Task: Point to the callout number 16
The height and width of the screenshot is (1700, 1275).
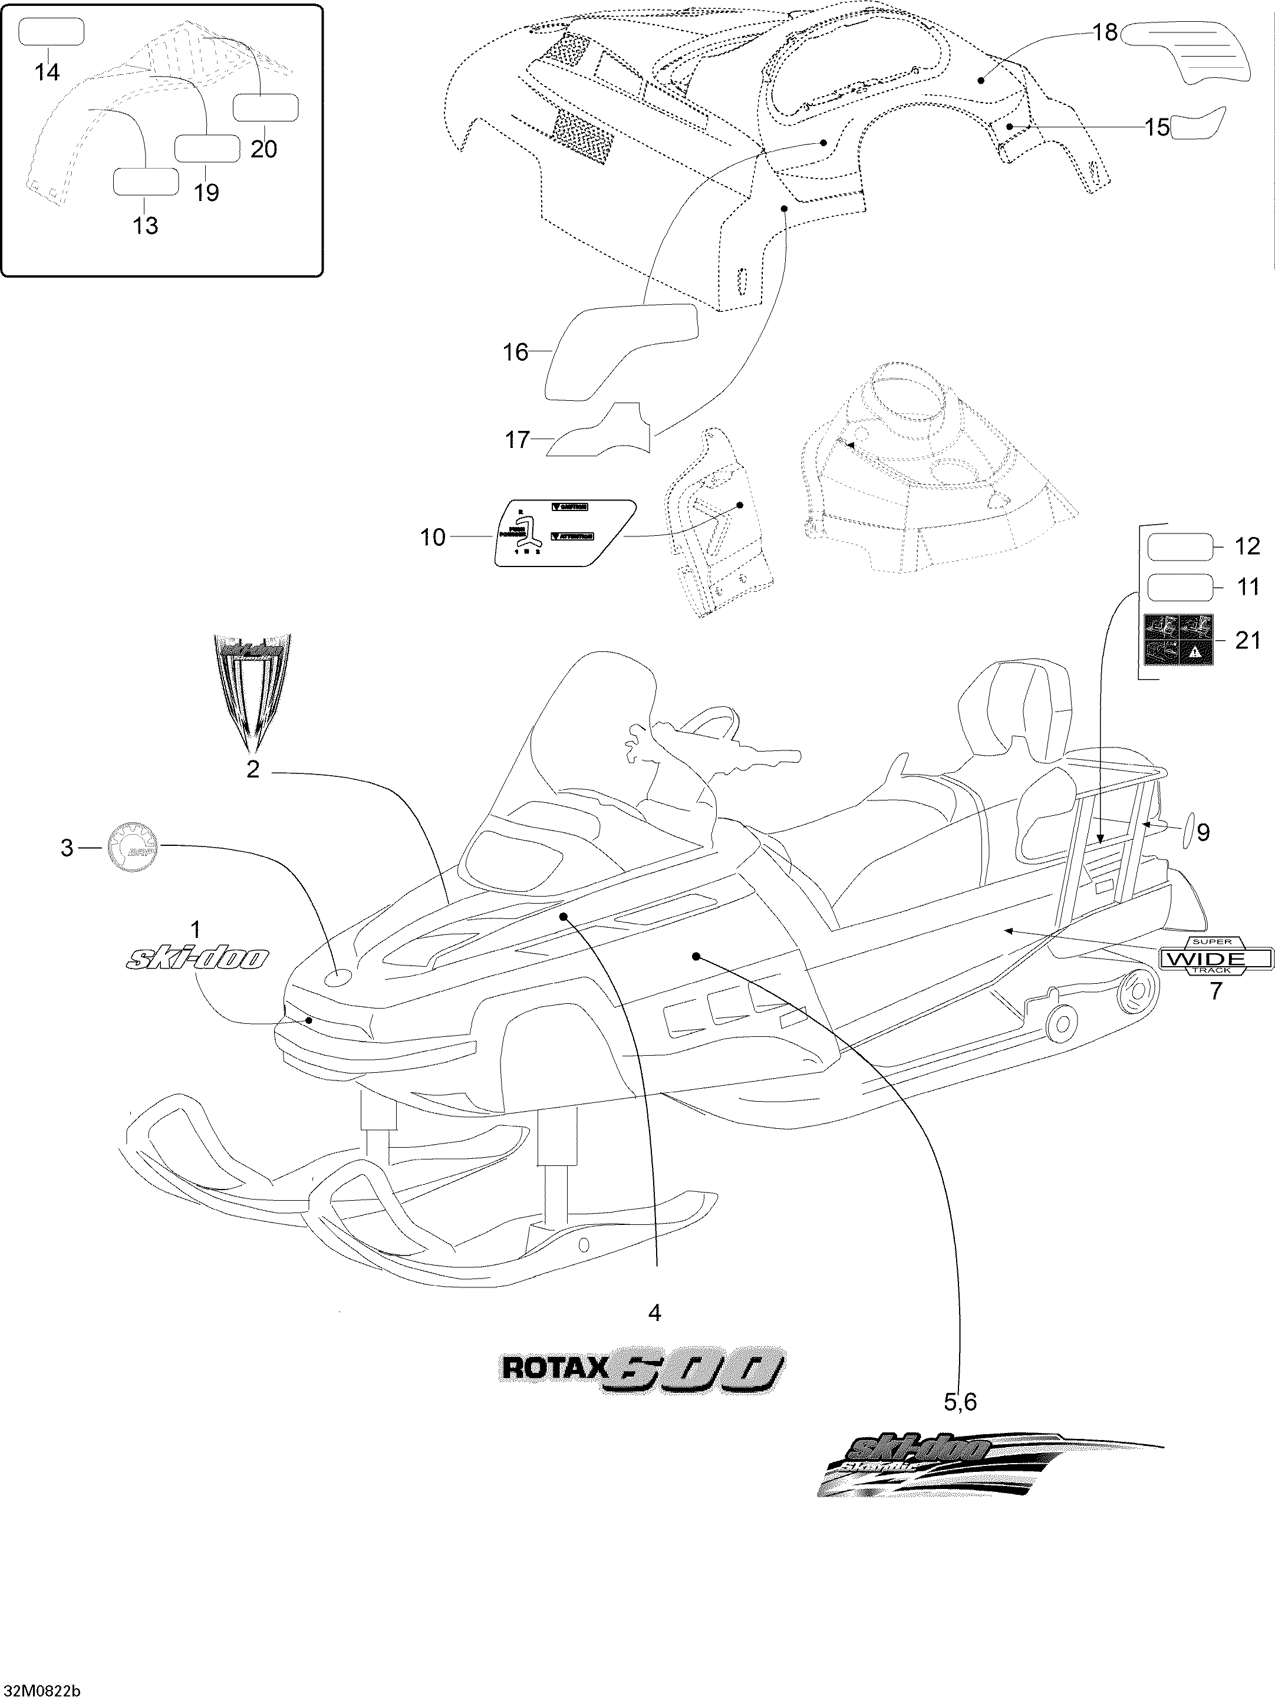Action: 516,352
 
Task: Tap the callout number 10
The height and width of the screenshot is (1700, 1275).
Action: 433,537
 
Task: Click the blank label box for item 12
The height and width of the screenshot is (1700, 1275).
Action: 1180,547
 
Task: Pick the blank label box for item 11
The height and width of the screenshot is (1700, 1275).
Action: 1180,587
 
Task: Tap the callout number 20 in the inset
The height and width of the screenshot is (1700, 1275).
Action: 263,149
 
